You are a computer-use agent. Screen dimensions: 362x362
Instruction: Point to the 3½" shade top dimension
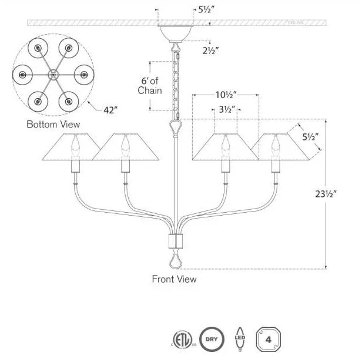(226, 109)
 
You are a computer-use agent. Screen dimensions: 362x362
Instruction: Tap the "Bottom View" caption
(53, 125)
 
